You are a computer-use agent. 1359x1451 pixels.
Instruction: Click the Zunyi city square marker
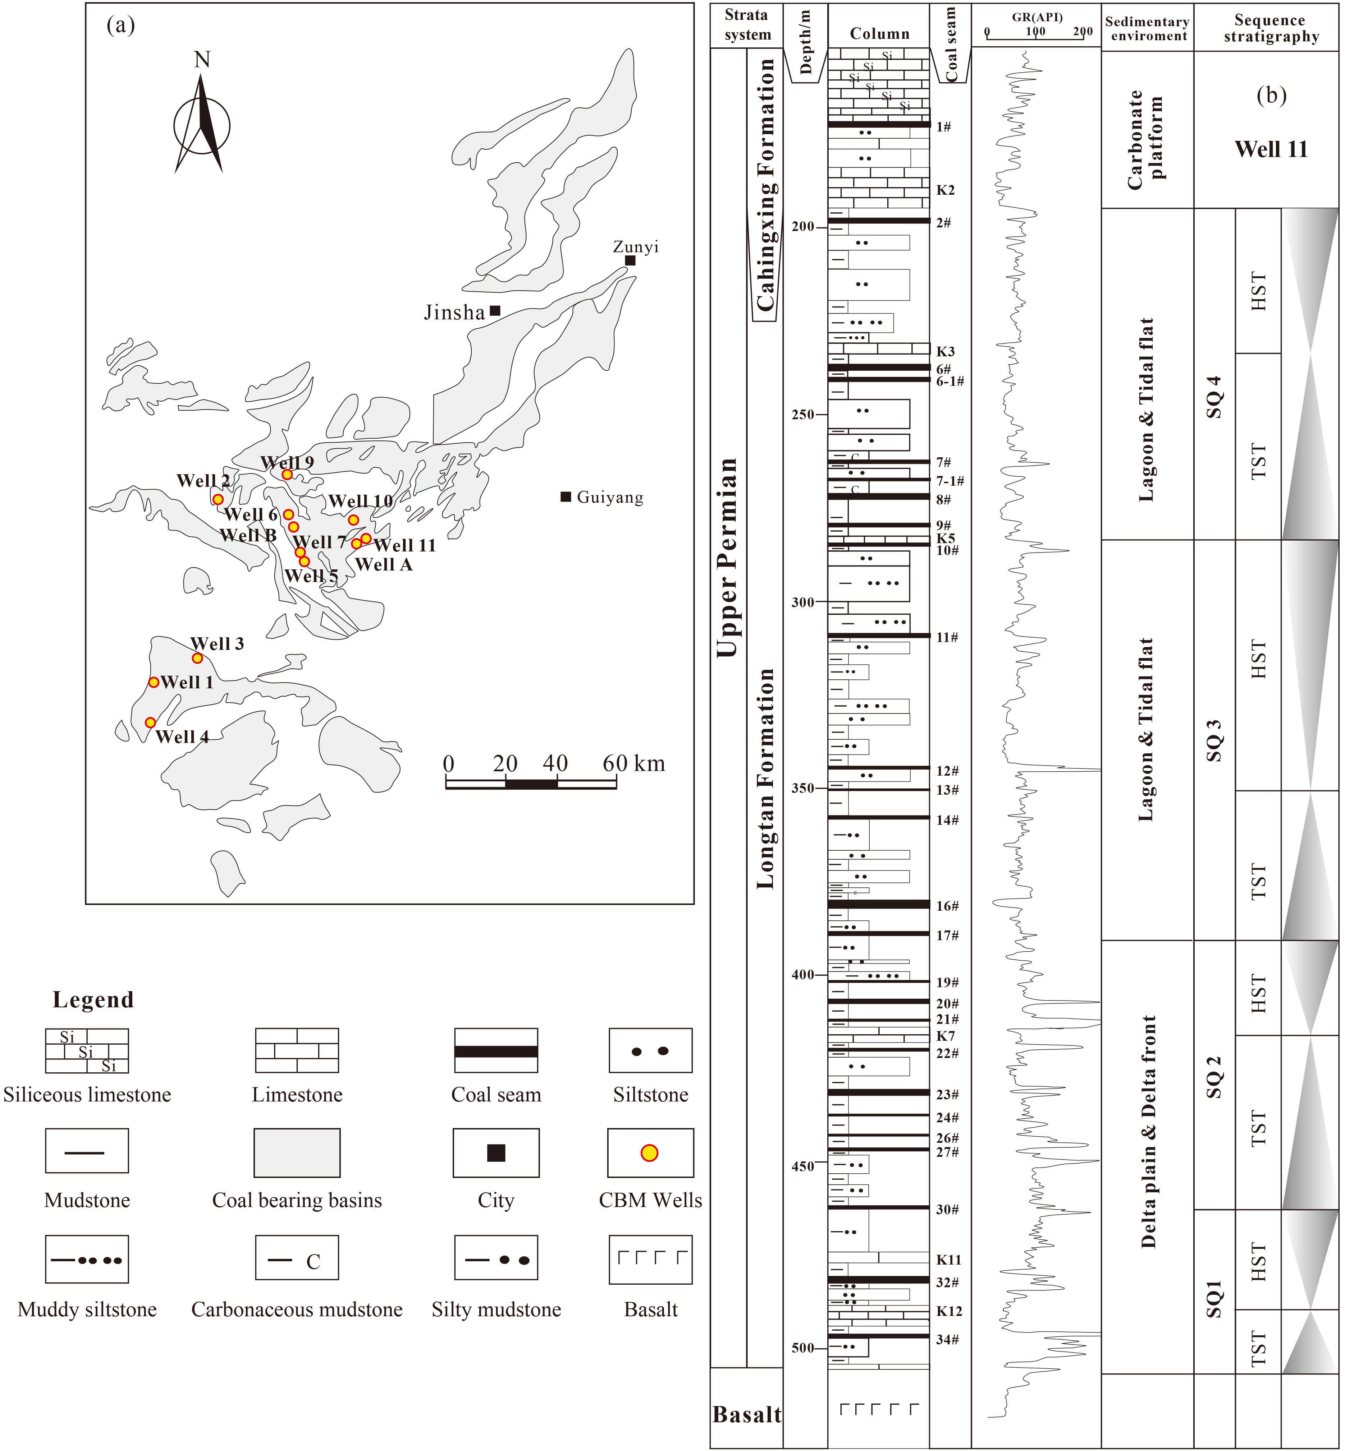(630, 260)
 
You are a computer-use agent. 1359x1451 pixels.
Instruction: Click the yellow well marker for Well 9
(287, 475)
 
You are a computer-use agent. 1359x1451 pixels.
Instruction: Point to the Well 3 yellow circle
(197, 659)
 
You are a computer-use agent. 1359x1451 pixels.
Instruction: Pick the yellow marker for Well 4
(150, 722)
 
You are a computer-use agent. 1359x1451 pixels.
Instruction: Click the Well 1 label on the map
(187, 683)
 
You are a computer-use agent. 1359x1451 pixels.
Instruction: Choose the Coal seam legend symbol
(496, 1051)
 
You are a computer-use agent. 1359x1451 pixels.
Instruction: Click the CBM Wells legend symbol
(650, 1153)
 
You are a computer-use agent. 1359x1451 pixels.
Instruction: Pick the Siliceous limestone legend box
(87, 1051)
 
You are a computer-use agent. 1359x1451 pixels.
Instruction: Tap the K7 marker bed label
(946, 1036)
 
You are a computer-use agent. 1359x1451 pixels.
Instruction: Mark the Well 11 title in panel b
(1271, 149)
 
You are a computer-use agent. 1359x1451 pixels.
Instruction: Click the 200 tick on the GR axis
(1083, 31)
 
